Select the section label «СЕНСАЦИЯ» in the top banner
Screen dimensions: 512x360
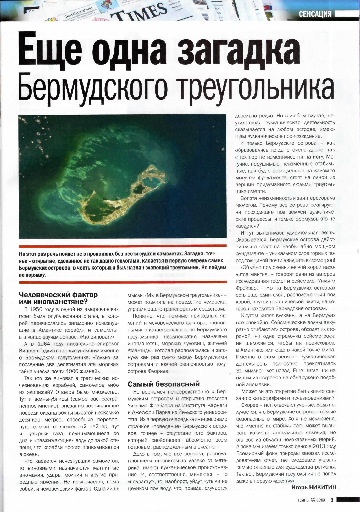coord(315,14)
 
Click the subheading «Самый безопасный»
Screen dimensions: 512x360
coord(164,384)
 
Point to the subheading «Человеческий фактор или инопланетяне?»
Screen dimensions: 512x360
coord(58,298)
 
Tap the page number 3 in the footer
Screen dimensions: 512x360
coord(331,500)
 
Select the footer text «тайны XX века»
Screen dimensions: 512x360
coord(311,500)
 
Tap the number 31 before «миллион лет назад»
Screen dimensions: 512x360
coord(239,371)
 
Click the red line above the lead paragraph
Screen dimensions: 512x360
coord(123,246)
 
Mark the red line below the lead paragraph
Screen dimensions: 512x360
coord(123,282)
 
